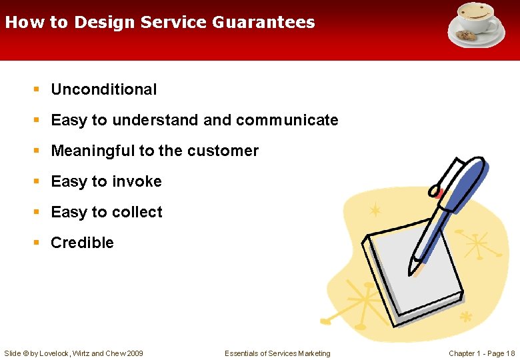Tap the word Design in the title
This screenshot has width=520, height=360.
[x=105, y=22]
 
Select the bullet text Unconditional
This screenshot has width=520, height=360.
[x=104, y=89]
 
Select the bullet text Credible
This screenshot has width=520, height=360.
[x=82, y=243]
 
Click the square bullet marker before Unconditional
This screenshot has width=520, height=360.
[x=37, y=90]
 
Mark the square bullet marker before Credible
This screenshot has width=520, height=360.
[x=37, y=243]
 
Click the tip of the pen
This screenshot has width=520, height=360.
[x=417, y=271]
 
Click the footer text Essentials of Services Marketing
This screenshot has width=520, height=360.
[x=277, y=353]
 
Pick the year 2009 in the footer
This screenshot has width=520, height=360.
[x=133, y=353]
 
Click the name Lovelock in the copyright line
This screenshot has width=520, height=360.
[x=59, y=353]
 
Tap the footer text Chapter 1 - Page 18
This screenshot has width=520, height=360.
[x=481, y=353]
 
